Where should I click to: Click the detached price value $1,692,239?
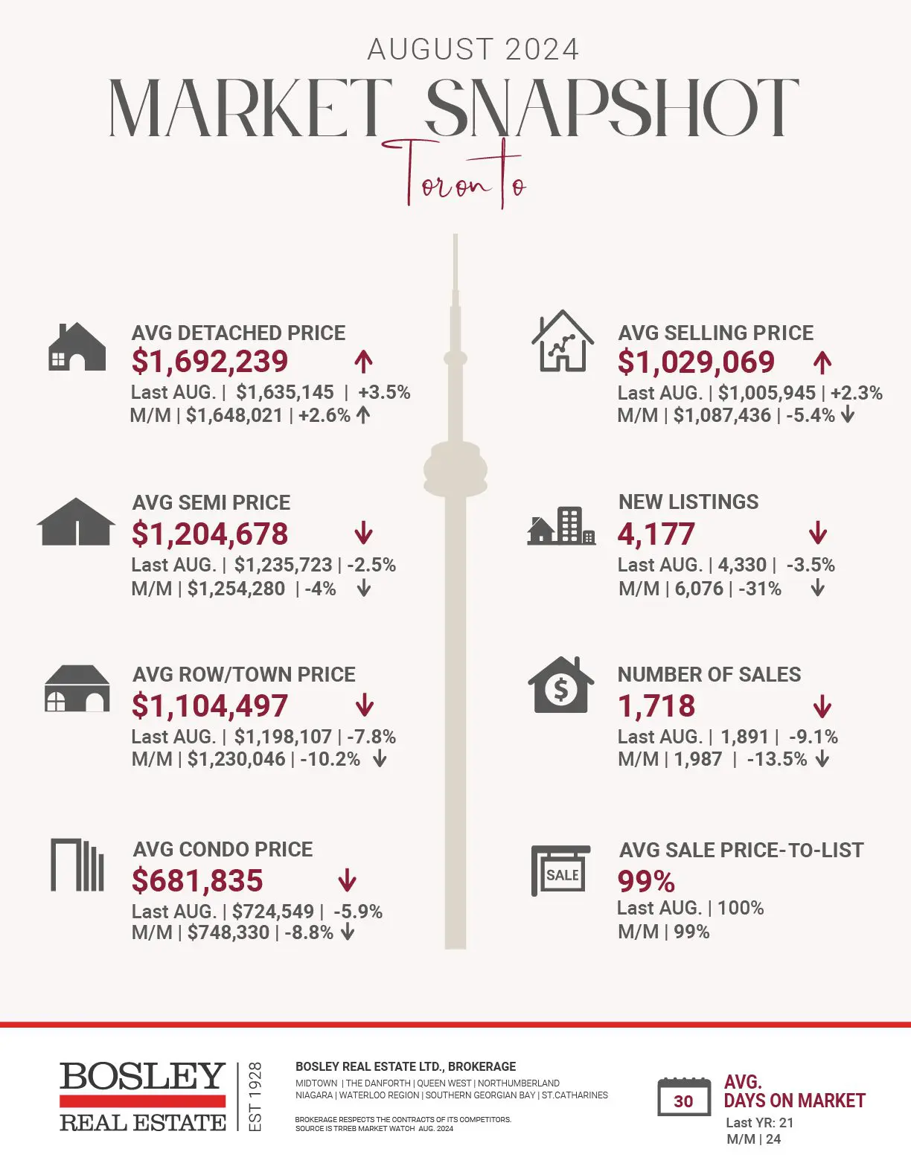tap(209, 362)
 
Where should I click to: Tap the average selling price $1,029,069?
tap(696, 362)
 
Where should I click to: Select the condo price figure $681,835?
tap(197, 881)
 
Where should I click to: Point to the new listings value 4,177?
tap(656, 534)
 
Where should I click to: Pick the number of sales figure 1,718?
tap(656, 706)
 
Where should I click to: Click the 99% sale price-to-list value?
tap(646, 882)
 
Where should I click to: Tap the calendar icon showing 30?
tap(683, 1097)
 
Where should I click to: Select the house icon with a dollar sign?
tap(561, 685)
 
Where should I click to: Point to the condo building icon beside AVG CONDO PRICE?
tap(77, 865)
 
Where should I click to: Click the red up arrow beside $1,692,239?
tap(363, 362)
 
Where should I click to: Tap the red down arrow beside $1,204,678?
tap(363, 534)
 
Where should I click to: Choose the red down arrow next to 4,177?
tap(817, 533)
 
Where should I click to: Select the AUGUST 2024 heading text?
tap(473, 50)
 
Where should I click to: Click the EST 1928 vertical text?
tap(255, 1097)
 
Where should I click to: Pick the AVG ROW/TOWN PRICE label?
tap(243, 674)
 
